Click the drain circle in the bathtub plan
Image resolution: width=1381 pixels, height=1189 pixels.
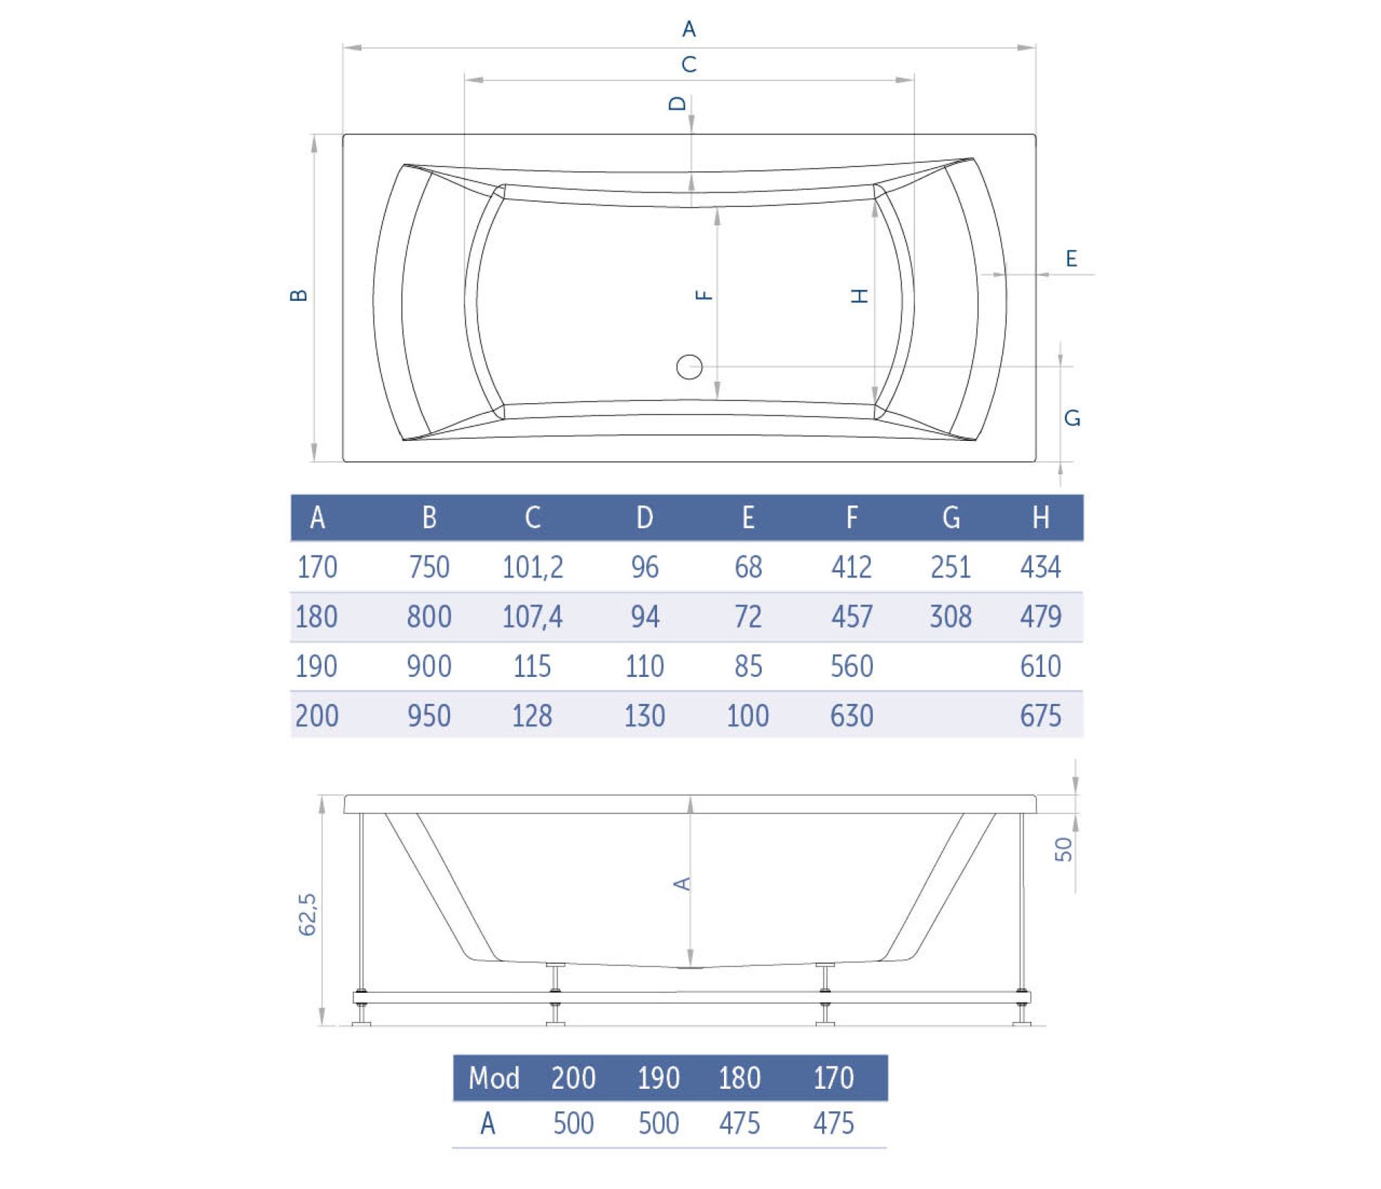point(689,367)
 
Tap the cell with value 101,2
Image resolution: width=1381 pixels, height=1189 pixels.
point(533,567)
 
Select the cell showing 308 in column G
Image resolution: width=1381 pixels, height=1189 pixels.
point(951,617)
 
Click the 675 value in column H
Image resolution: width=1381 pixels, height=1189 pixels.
point(1041,716)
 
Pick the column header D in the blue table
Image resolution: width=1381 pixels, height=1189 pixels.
point(645,518)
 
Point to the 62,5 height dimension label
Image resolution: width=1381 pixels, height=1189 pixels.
point(307,914)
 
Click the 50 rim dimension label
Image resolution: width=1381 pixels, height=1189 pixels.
point(1063,849)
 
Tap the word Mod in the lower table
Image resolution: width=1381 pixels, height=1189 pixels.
point(494,1078)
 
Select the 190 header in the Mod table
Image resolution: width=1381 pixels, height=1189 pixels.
point(659,1078)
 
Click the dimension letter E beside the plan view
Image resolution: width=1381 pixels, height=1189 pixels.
point(1071,259)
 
